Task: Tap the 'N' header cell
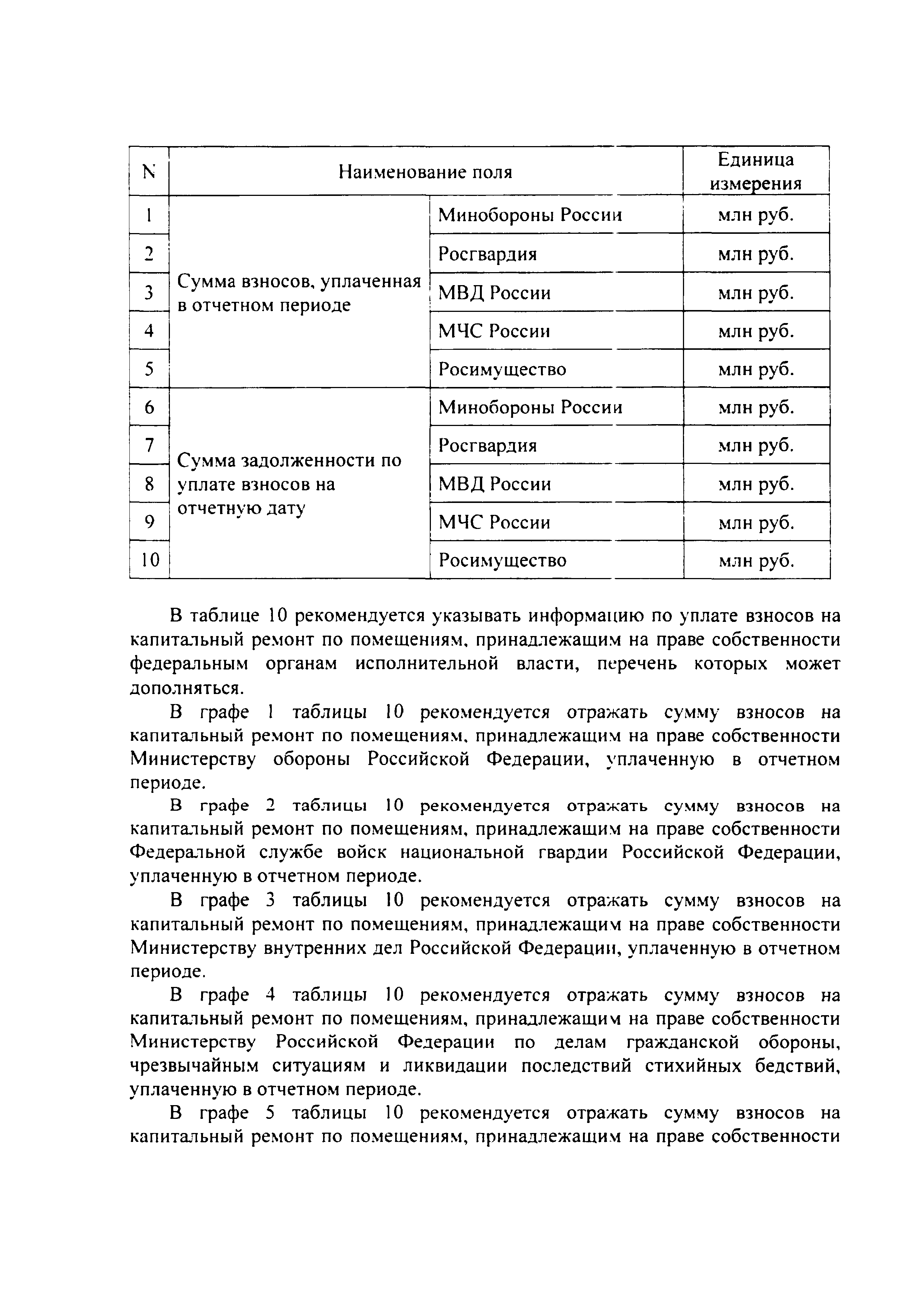(x=149, y=171)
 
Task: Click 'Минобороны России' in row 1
(x=530, y=215)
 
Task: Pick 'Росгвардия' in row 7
(x=487, y=445)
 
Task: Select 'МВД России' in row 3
(x=494, y=293)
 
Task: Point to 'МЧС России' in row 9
(x=494, y=522)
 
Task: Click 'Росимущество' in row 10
(x=502, y=561)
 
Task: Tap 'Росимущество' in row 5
(x=502, y=370)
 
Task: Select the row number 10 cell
(x=150, y=561)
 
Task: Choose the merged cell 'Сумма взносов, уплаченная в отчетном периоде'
(x=299, y=293)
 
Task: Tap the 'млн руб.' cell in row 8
(x=756, y=484)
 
